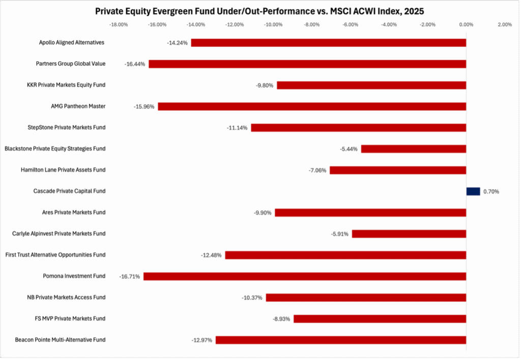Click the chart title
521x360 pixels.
coord(260,11)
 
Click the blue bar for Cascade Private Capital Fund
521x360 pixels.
coord(473,191)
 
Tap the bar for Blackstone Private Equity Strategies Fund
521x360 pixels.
coord(413,149)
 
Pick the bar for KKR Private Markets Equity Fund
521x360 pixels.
coord(371,85)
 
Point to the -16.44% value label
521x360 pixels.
coord(135,64)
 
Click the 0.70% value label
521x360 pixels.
coord(491,191)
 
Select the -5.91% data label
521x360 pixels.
coord(338,234)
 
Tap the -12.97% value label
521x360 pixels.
coord(202,340)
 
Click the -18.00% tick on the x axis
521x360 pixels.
coord(119,24)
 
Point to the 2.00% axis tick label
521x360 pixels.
coord(504,24)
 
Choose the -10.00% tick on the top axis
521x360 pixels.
coord(273,24)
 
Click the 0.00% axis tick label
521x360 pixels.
coord(466,24)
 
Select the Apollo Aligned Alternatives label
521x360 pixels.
coord(72,42)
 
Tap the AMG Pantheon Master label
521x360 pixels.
coord(78,106)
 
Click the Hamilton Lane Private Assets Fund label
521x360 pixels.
coord(63,170)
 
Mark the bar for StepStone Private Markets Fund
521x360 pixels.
coord(358,127)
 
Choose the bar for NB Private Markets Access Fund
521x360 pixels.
coord(366,297)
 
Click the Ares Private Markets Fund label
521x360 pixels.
coord(74,212)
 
